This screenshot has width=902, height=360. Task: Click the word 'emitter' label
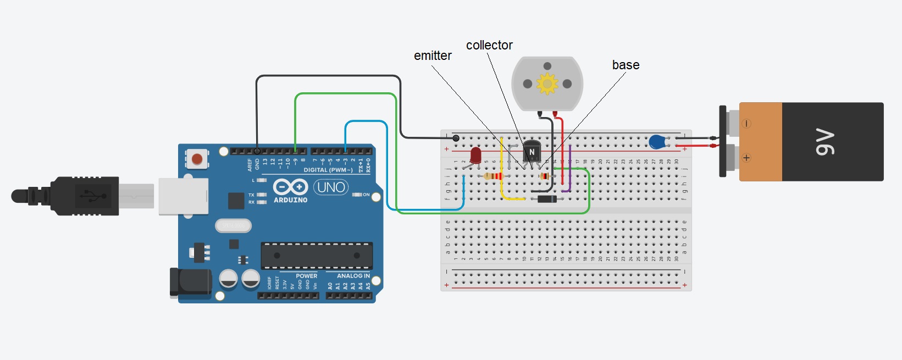[433, 56]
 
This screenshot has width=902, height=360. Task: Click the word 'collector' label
[489, 45]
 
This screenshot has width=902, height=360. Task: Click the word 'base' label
[626, 65]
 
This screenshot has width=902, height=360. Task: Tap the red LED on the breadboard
[475, 155]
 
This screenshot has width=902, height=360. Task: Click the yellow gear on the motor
[547, 84]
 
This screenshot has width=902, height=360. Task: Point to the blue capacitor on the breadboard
[657, 142]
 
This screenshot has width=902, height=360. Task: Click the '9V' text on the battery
[824, 142]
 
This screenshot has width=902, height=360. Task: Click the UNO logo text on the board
[331, 187]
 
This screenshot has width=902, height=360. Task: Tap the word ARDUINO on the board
[291, 200]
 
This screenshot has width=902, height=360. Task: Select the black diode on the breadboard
[547, 199]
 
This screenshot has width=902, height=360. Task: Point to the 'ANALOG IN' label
[353, 276]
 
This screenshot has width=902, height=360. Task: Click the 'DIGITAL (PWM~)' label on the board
[328, 170]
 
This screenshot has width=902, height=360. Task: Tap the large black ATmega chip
[317, 256]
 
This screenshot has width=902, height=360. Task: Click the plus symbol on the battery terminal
[746, 158]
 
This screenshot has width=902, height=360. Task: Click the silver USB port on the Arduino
[184, 196]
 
